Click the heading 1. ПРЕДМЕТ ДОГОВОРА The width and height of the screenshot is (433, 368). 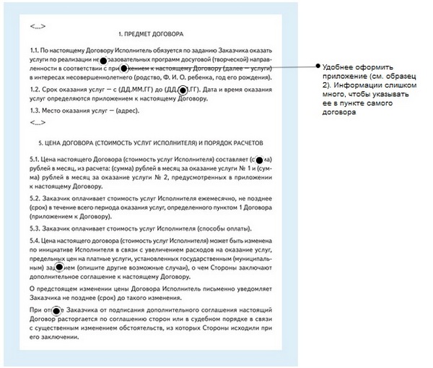[150, 34]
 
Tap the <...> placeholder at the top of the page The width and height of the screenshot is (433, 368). [38, 25]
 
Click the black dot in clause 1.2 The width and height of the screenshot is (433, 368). [183, 90]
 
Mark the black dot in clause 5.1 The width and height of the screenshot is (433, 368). [259, 158]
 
